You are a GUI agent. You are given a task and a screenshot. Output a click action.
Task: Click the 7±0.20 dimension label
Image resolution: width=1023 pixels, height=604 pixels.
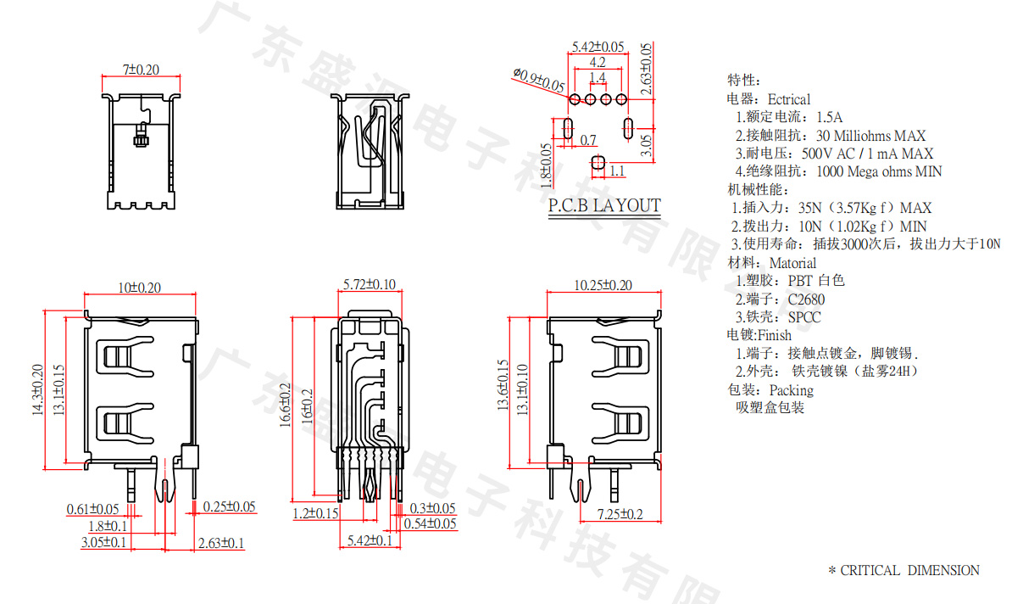[x=141, y=69]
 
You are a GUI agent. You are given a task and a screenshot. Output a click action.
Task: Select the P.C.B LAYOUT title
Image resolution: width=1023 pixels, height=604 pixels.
[x=603, y=205]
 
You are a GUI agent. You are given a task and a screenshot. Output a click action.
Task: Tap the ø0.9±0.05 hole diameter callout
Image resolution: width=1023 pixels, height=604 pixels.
[x=539, y=80]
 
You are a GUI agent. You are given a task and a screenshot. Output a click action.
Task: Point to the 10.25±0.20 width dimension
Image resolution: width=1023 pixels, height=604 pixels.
[x=603, y=285]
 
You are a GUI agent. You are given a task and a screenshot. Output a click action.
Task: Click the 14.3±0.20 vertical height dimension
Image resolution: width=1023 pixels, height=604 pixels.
[x=37, y=389]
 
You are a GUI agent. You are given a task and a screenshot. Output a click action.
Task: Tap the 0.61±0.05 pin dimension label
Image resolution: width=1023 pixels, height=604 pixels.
[x=92, y=509]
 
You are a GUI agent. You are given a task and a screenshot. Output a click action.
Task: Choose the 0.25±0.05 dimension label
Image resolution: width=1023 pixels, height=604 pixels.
[x=229, y=506]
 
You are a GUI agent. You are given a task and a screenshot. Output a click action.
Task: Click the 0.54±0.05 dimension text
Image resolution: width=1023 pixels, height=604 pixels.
[x=430, y=523]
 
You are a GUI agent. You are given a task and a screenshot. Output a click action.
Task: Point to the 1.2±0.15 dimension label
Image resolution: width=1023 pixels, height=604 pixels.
[x=315, y=513]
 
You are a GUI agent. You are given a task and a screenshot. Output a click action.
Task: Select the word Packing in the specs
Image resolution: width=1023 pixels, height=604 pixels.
[x=791, y=390]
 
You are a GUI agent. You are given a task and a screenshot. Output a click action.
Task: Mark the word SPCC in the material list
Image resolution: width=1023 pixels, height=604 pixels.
[x=804, y=317]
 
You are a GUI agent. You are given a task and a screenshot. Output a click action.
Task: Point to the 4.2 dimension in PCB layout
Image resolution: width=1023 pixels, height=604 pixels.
[x=597, y=62]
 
